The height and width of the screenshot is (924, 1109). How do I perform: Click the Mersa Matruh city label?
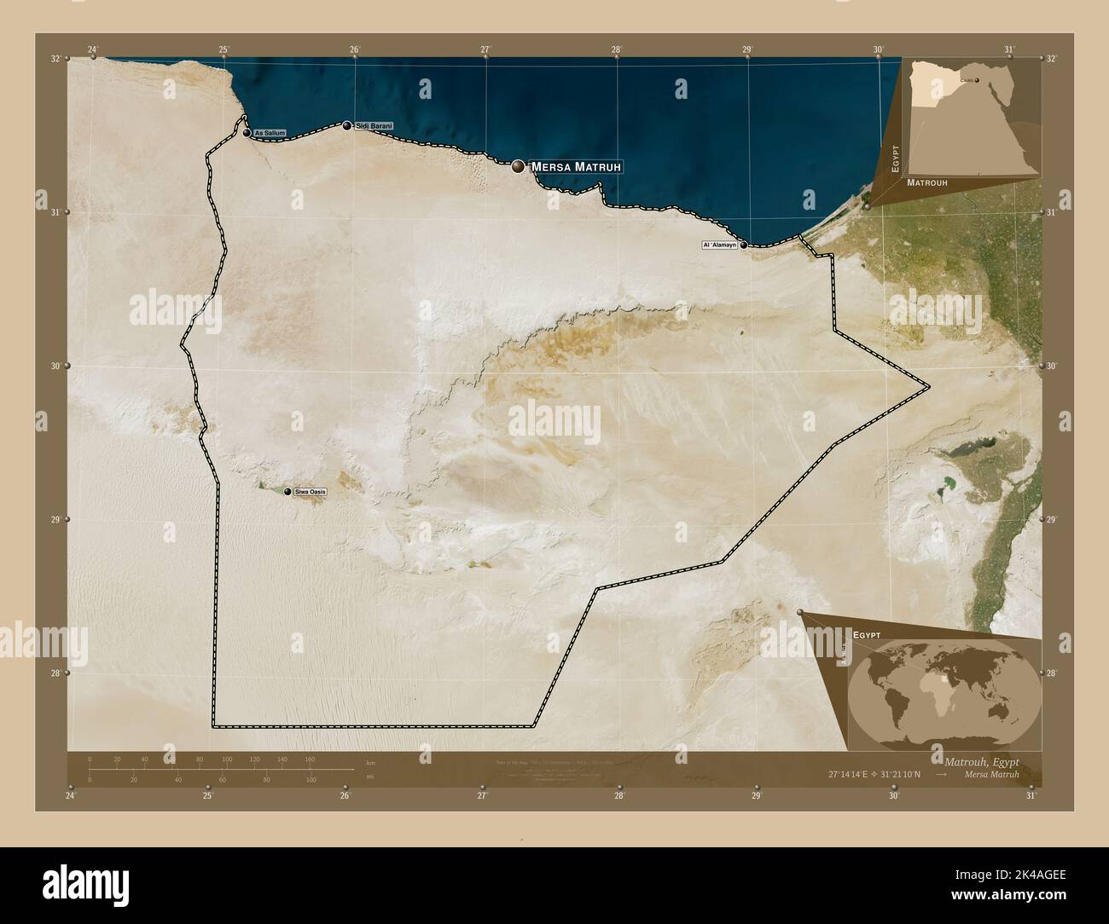coord(578,167)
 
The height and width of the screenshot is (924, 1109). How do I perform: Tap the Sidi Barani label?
coord(374,126)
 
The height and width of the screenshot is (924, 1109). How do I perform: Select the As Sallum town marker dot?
coord(247,134)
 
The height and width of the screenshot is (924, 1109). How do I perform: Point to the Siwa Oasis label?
coord(310,492)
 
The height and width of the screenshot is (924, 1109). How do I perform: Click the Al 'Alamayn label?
coord(718,245)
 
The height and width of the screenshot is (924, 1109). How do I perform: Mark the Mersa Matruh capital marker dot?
coord(518,167)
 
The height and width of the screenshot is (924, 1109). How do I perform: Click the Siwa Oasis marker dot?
coord(287,492)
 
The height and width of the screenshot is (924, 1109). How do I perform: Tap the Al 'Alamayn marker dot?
coord(744,245)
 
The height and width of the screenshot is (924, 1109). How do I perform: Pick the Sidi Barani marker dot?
coord(346,126)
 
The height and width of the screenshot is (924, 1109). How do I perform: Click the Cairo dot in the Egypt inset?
coord(978,82)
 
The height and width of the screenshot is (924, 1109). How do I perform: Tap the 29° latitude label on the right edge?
coord(1051,519)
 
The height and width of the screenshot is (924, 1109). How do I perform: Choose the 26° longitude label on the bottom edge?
coord(345,796)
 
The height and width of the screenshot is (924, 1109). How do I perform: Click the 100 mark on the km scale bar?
coord(227,759)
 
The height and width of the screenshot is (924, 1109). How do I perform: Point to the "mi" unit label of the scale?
coord(369,777)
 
